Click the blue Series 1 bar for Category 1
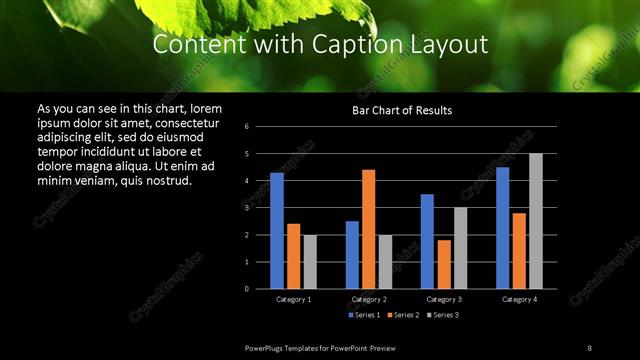point(277,231)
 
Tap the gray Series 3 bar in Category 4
point(535,221)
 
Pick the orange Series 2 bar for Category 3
point(444,264)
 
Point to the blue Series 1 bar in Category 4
point(502,228)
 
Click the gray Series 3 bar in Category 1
point(310,262)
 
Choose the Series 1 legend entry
point(366,315)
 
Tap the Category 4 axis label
point(518,299)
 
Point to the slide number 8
point(589,347)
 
